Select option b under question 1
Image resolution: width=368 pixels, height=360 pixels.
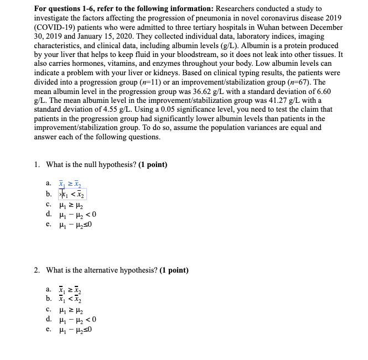click(72, 194)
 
